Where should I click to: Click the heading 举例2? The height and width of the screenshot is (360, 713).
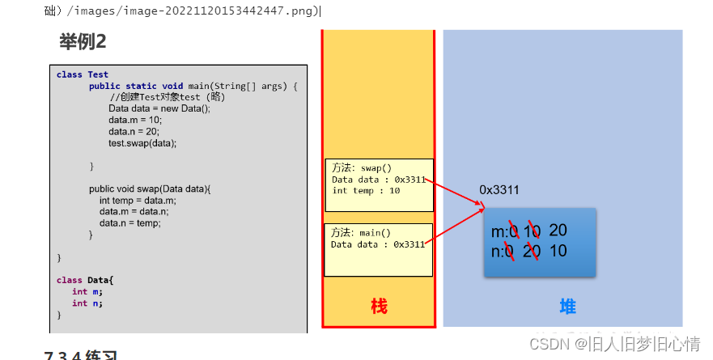(83, 41)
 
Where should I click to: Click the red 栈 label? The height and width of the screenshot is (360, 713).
(379, 307)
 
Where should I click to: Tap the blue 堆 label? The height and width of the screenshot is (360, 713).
(567, 307)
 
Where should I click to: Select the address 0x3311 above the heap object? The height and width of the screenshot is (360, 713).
(499, 190)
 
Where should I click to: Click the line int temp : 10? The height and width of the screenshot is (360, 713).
(366, 191)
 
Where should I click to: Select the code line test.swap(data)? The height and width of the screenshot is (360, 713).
(142, 142)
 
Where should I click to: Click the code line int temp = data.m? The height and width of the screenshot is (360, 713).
(138, 201)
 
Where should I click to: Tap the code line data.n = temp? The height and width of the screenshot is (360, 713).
(129, 223)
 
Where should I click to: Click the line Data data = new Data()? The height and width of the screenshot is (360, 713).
(159, 108)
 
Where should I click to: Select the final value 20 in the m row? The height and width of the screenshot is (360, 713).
(558, 231)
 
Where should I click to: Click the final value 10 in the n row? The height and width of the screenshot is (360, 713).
(558, 251)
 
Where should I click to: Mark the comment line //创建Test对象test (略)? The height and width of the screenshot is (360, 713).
(168, 97)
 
